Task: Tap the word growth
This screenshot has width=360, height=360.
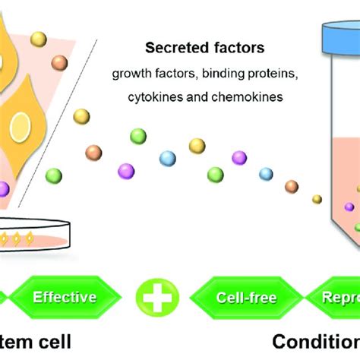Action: tap(130, 74)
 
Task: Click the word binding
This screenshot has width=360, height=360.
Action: tap(219, 74)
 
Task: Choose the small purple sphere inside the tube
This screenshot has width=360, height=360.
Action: tap(349, 207)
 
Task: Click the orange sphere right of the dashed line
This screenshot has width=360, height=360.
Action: tap(93, 151)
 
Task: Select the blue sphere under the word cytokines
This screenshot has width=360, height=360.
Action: tap(167, 158)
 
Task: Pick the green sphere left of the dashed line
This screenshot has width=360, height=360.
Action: tap(54, 175)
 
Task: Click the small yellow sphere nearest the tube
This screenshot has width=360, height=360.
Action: tap(317, 199)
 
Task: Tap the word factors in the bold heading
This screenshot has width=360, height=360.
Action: tap(241, 49)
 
